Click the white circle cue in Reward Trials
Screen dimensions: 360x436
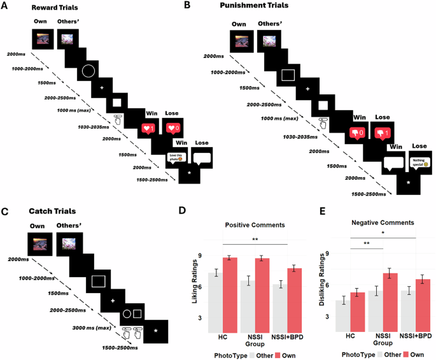pos(88,70)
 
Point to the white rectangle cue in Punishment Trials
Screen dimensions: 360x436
pos(289,75)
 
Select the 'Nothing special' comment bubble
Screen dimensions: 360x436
pos(418,162)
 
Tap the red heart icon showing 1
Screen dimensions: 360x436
pos(148,129)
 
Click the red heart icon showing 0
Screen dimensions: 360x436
pos(172,129)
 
